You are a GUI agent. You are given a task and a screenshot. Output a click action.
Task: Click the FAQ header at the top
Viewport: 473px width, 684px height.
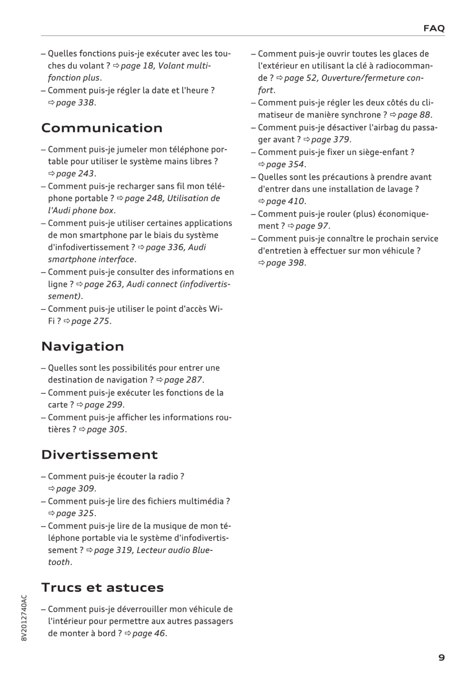coord(434,28)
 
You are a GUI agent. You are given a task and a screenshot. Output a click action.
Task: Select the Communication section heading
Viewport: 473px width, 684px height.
coord(102,128)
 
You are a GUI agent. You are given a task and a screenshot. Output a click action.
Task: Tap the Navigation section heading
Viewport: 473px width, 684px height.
coord(82,346)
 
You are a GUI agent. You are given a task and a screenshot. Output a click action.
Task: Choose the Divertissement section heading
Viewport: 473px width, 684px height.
coord(99,454)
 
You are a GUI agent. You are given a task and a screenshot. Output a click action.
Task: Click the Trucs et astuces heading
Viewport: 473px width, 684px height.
coord(102,587)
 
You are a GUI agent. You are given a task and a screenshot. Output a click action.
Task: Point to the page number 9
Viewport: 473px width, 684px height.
coord(442,658)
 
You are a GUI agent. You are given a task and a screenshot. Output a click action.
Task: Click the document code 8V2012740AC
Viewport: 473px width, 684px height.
coord(24,618)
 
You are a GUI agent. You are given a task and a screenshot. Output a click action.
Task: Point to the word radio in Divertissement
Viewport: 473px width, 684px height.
coord(168,476)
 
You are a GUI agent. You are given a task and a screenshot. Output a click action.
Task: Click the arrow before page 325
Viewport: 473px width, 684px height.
coord(52,514)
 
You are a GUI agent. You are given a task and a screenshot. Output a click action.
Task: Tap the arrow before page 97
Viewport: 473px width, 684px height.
coord(291,226)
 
